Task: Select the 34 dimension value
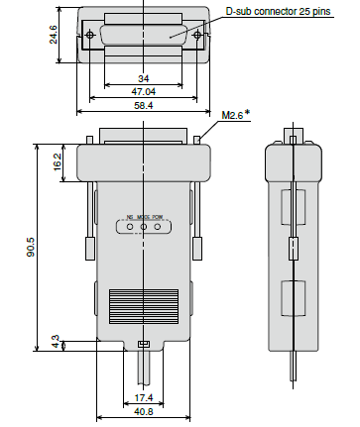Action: (x=144, y=78)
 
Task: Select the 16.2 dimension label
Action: (x=58, y=160)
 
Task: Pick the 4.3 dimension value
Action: (x=58, y=344)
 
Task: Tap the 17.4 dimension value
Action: (x=145, y=398)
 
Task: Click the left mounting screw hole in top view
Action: (x=92, y=36)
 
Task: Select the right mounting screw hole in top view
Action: (x=196, y=36)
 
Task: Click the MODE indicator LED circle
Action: (x=145, y=227)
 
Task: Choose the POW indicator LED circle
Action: (x=158, y=227)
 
